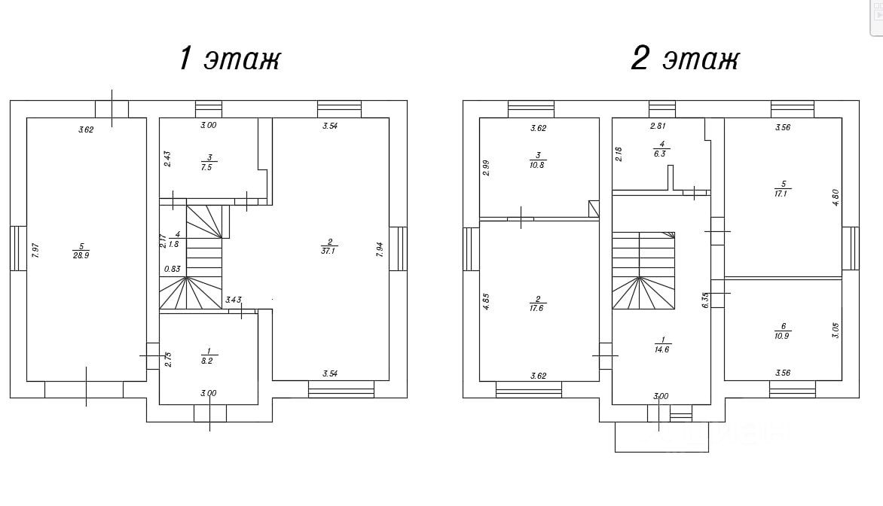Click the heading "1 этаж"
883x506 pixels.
[230, 59]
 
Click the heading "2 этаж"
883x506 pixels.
[685, 59]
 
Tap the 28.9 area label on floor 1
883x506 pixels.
[81, 255]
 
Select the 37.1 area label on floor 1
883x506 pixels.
[328, 251]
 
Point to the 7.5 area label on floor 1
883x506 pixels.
[206, 167]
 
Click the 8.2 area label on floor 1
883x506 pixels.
[207, 361]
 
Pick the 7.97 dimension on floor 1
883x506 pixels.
[35, 251]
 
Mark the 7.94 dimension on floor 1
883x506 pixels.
[380, 250]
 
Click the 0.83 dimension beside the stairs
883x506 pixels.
[173, 269]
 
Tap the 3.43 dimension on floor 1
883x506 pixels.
[233, 300]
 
